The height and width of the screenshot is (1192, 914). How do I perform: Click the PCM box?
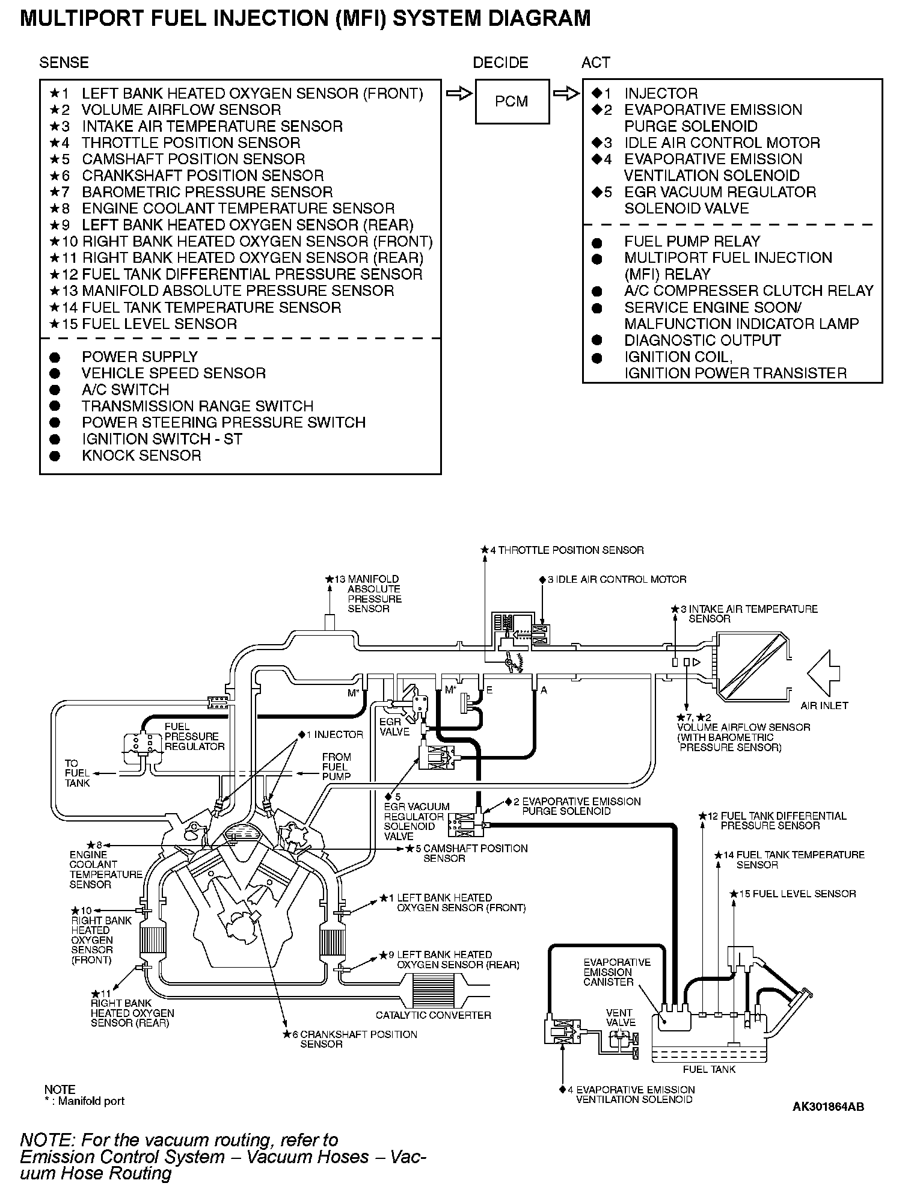click(x=512, y=102)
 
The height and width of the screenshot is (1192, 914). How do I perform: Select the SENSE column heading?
click(x=64, y=63)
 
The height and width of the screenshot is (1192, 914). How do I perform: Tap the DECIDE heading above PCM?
click(x=500, y=63)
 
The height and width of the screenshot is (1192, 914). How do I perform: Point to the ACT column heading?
click(x=595, y=63)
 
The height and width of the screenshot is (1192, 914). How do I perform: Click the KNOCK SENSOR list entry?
click(x=141, y=455)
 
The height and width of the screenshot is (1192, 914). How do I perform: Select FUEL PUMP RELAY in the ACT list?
click(x=692, y=241)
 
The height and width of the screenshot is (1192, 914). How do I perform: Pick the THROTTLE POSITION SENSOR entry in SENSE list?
click(x=191, y=143)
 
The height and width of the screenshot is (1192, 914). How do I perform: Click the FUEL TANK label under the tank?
click(x=709, y=1069)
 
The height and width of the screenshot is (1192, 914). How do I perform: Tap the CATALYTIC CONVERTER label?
click(x=433, y=1015)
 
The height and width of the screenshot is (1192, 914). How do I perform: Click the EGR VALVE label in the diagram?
click(x=394, y=727)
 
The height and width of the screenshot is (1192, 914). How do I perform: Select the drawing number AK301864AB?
click(x=828, y=1107)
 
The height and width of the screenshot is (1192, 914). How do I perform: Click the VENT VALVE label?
click(x=620, y=1017)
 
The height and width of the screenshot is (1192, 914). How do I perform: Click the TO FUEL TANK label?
click(x=78, y=773)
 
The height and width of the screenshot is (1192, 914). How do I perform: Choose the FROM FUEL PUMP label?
click(x=336, y=766)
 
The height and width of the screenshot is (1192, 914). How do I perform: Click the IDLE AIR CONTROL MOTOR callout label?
click(x=616, y=579)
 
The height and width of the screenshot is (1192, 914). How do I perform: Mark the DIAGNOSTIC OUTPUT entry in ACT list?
click(x=702, y=340)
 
